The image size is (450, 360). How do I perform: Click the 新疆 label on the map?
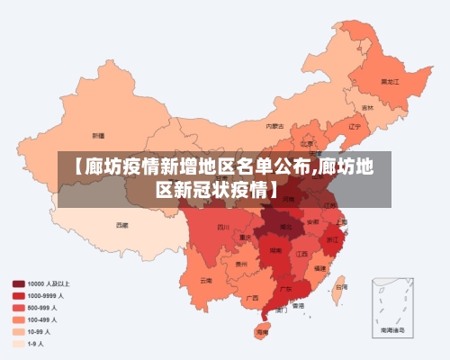[98, 135]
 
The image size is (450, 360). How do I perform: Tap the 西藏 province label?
[121, 224]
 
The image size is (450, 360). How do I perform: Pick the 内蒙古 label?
[275, 126]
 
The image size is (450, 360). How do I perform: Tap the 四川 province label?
[223, 227]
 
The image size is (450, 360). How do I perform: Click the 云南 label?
[207, 280]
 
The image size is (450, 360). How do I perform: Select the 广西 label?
[253, 297]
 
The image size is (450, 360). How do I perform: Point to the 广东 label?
[285, 290]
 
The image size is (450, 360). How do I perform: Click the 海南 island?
[262, 331]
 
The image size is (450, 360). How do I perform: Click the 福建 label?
[319, 268]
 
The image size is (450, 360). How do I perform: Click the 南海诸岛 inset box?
[391, 306]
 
